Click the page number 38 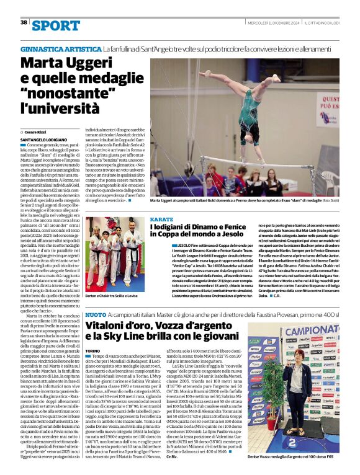coord(24,22)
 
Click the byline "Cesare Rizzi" coord(37,133)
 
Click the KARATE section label coord(161,220)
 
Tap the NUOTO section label coord(95,316)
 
